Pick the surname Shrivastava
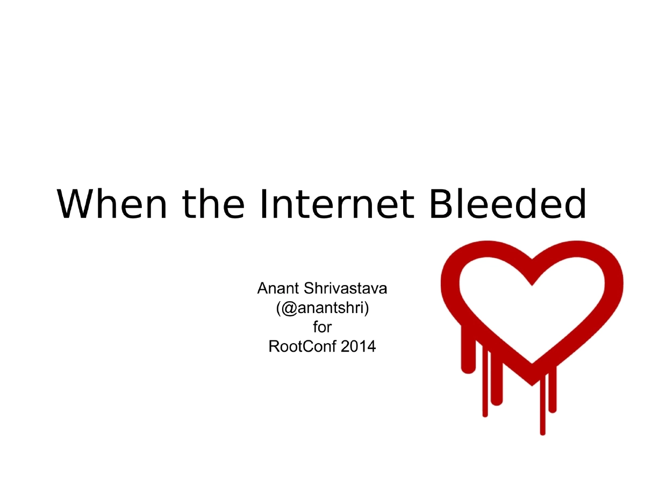[346, 289]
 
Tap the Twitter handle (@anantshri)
[322, 308]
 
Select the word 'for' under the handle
[322, 327]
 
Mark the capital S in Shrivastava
[310, 289]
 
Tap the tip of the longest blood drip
[543, 432]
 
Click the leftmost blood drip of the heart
[468, 366]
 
